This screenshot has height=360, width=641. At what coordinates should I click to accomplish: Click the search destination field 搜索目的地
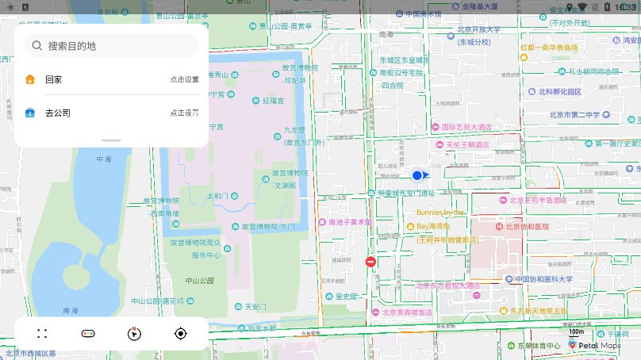coord(111,46)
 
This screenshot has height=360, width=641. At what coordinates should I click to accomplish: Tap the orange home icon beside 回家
coord(30,79)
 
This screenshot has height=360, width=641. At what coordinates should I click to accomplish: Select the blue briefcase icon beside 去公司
coord(30,113)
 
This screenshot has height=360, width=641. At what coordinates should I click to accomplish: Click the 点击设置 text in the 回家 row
coord(184,79)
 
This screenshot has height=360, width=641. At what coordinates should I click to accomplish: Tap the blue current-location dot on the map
coord(417,175)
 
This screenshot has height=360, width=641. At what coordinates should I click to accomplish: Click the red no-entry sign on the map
coord(370,262)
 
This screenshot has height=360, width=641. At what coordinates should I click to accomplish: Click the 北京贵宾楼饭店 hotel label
coord(403,312)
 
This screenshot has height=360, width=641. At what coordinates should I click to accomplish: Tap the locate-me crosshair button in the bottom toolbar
coord(180,334)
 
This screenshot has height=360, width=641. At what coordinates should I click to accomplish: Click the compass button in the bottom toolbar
coord(134,334)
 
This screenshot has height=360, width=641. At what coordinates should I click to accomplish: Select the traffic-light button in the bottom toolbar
coord(88,334)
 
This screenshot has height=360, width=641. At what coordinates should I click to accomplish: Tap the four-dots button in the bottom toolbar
coord(42,334)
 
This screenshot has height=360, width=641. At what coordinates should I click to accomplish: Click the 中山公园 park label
coord(200,281)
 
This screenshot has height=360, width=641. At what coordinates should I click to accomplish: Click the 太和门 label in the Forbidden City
coord(217,196)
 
